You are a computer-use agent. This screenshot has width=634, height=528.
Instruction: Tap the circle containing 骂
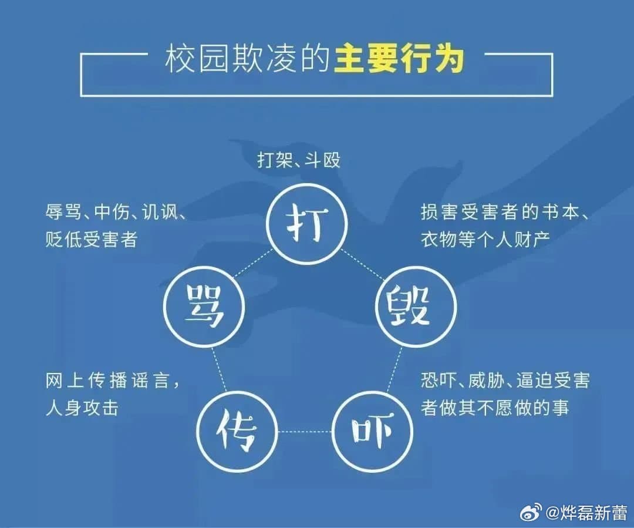[x=203, y=310]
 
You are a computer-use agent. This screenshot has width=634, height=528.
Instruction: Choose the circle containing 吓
[x=372, y=432]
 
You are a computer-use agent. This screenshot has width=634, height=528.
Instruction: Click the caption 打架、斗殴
[x=299, y=160]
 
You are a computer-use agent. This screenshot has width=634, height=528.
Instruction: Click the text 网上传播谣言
[x=107, y=381]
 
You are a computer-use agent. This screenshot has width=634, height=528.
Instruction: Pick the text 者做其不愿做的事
[x=494, y=408]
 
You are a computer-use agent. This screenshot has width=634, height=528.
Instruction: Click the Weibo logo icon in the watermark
[x=531, y=512]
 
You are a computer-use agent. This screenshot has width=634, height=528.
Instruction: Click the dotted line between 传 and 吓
[x=304, y=432]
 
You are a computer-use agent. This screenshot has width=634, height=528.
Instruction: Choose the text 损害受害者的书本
[x=498, y=213]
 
